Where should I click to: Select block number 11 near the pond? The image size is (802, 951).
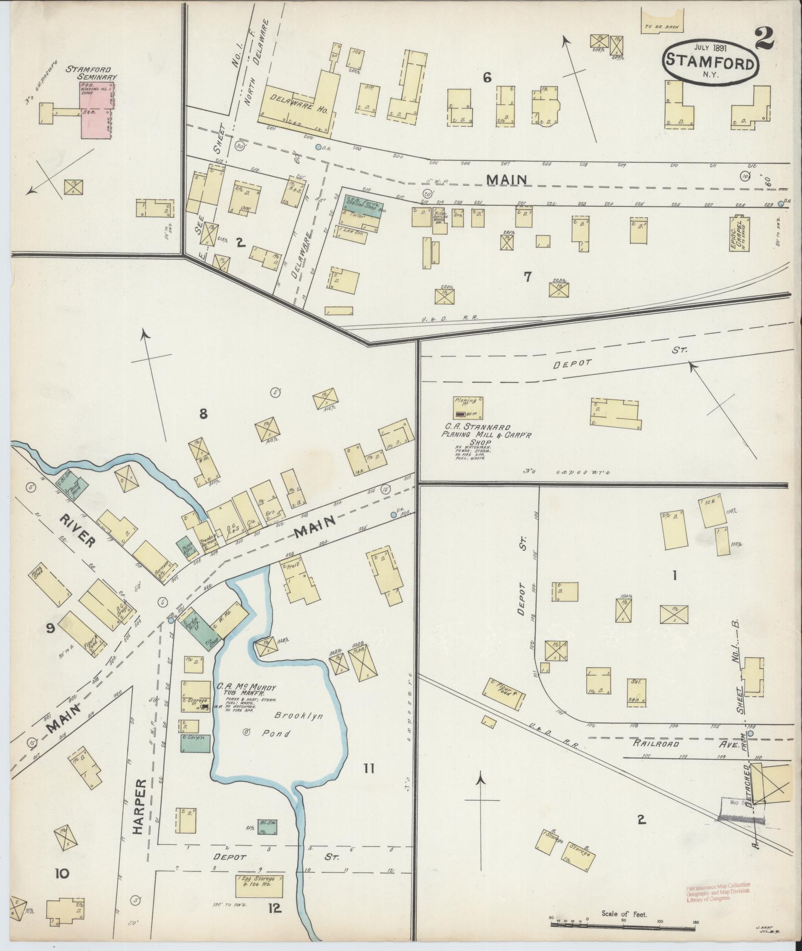point(368,768)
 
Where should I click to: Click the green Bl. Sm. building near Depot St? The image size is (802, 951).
point(267,826)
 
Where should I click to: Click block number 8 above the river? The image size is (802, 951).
point(203,413)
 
